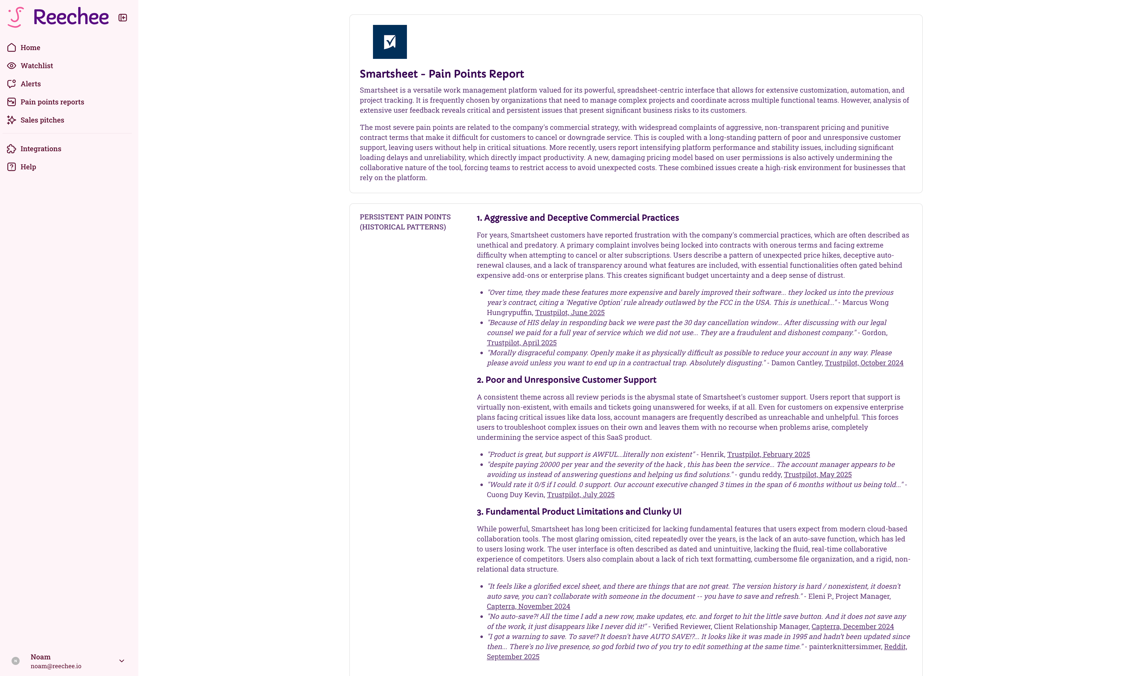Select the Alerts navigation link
click(x=30, y=84)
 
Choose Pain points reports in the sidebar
click(x=52, y=102)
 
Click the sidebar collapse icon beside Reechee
click(x=122, y=18)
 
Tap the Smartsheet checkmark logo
click(x=390, y=42)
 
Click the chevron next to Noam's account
click(x=121, y=661)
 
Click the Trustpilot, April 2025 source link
click(x=521, y=343)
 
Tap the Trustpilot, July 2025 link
click(x=580, y=495)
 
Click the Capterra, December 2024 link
click(x=852, y=627)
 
